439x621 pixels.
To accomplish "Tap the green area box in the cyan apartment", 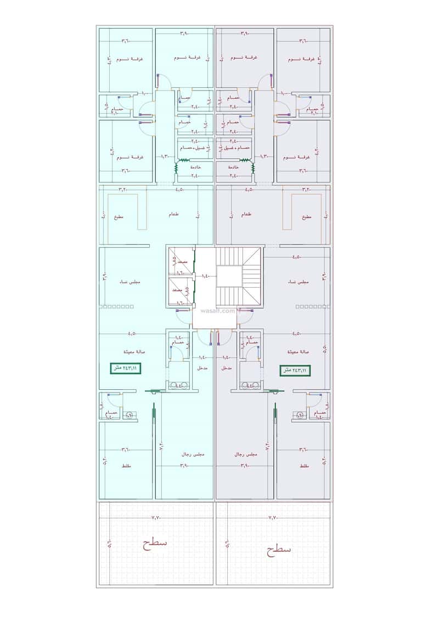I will point(125,368).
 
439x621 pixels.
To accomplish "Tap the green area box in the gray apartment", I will point(295,371).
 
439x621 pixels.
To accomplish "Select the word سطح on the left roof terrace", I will point(155,543).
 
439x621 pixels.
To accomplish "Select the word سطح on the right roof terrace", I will point(279,547).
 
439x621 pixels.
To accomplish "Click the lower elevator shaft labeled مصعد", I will point(178,289).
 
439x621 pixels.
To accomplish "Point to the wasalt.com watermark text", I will point(218,311).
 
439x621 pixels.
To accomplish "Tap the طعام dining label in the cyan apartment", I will point(173,215).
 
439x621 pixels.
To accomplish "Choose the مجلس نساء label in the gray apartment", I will point(299,281).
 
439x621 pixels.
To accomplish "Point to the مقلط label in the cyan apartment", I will point(126,465).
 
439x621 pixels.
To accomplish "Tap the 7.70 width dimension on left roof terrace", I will point(156,517).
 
